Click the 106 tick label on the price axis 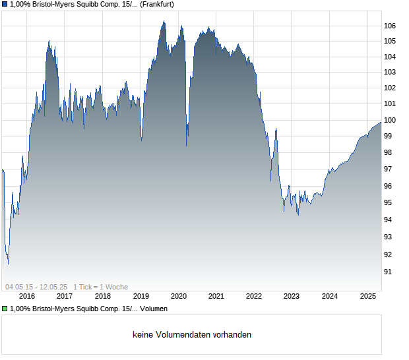point(390,26)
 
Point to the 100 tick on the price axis point(390,120)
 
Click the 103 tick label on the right point(390,72)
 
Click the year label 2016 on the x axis point(28,296)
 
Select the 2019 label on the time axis point(141,296)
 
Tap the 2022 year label point(254,296)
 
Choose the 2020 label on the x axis point(179,296)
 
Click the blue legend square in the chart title point(5,4)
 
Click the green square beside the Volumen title point(5,309)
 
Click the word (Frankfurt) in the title point(157,4)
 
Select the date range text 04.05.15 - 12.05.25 point(36,287)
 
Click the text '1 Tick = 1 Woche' point(100,287)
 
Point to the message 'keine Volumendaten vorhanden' point(192,335)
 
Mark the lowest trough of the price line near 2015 point(8,263)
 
